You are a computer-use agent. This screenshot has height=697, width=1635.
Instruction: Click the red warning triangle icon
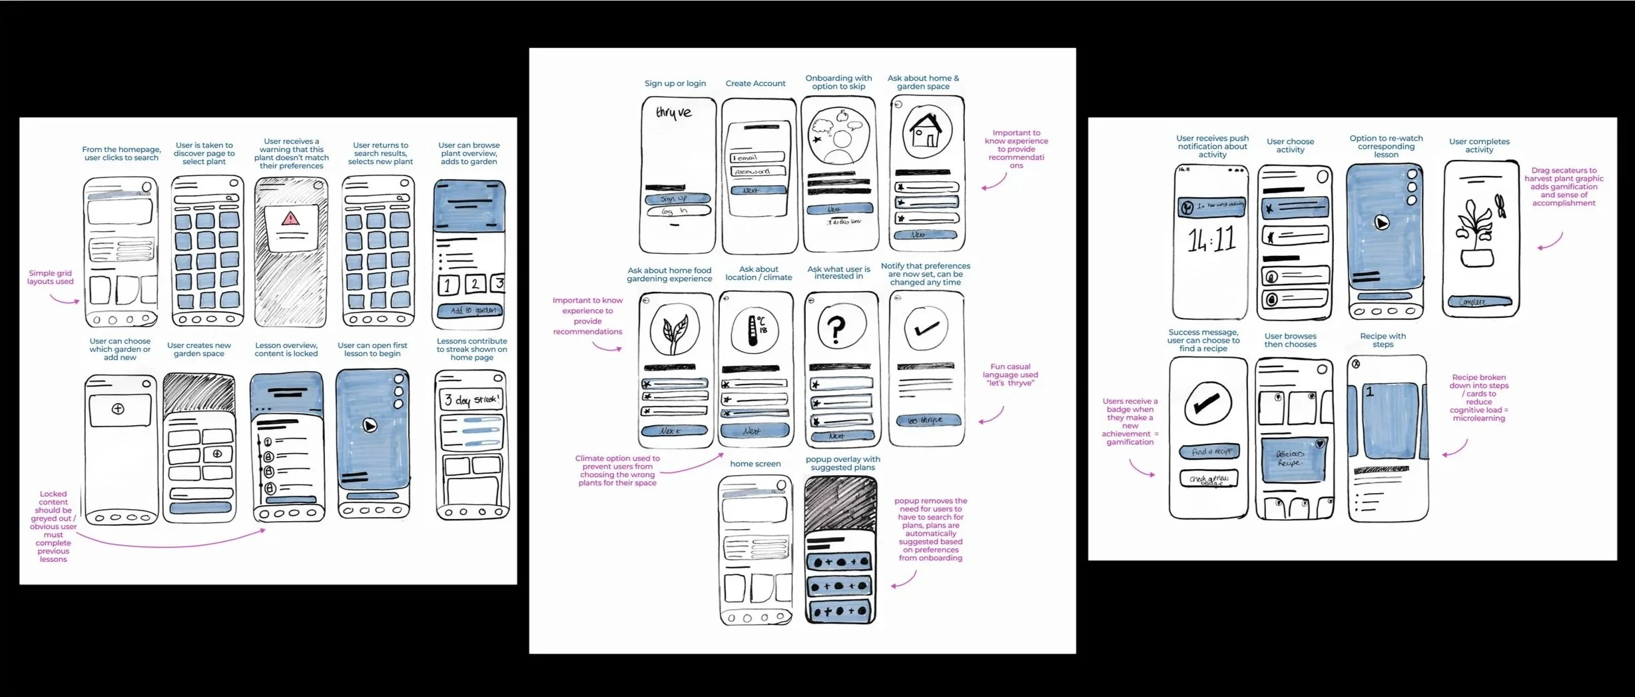(x=290, y=218)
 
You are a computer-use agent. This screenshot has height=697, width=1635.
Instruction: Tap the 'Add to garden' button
(x=472, y=311)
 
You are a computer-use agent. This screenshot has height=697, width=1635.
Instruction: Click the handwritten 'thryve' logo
(x=674, y=113)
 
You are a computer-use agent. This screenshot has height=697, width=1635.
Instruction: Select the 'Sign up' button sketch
(x=677, y=199)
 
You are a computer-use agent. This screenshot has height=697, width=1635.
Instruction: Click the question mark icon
(x=836, y=327)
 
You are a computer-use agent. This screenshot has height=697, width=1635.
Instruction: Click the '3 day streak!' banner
(x=472, y=400)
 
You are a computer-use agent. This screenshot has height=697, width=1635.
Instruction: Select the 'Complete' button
(x=1480, y=302)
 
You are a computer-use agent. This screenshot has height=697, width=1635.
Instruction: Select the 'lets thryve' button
(x=926, y=420)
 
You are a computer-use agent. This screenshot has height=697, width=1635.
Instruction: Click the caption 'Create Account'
(x=755, y=83)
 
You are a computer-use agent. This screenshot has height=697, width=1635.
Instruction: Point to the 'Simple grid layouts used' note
(x=50, y=277)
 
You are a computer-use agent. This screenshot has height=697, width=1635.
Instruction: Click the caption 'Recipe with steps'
(x=1383, y=340)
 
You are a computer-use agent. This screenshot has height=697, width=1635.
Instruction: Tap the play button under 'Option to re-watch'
(x=1382, y=223)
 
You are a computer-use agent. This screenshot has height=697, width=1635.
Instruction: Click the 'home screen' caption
(x=755, y=464)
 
